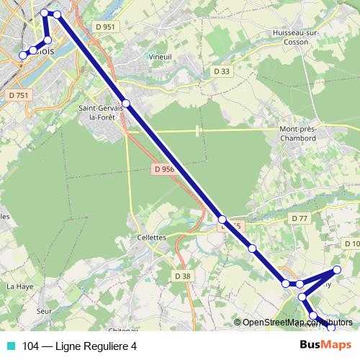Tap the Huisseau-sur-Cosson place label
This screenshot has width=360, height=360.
coord(292,37)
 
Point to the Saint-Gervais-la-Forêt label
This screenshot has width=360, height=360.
coord(104,112)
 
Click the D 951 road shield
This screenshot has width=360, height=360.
coord(104,27)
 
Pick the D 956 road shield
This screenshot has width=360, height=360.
coord(164,169)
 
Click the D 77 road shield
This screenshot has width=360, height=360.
coord(300,218)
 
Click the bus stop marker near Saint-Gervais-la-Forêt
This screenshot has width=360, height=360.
coord(126,104)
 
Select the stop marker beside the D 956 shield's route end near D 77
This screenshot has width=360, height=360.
coord(222,220)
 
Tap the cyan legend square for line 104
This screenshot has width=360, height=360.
coord(11,346)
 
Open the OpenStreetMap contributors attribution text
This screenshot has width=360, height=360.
coord(297,323)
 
